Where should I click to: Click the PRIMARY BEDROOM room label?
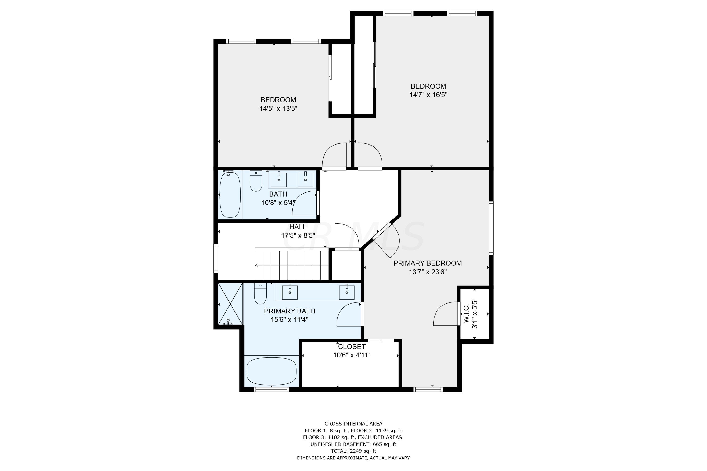tap(427, 263)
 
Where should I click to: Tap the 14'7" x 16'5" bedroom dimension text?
tap(428, 95)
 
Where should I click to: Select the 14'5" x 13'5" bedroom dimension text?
tap(278, 108)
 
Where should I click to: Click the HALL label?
tap(298, 227)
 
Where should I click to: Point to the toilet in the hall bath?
tap(256, 181)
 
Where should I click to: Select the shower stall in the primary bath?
tap(230, 304)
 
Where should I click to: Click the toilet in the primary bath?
tap(260, 293)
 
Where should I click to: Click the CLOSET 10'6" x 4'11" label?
tap(352, 351)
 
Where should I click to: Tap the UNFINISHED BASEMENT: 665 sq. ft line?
tap(353, 444)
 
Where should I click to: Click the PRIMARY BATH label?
tap(289, 311)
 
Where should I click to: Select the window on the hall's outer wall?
tap(216, 258)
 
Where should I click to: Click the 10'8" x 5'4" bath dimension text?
tap(278, 203)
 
